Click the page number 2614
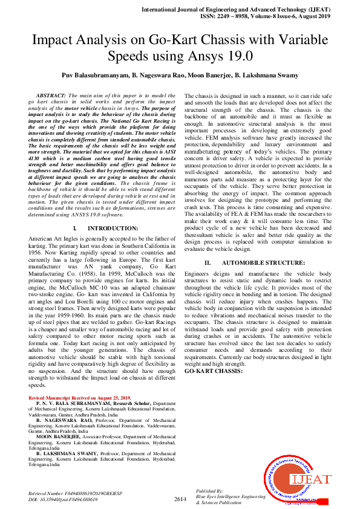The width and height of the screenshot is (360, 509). click(x=180, y=499)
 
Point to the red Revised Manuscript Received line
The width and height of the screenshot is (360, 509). click(x=80, y=398)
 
